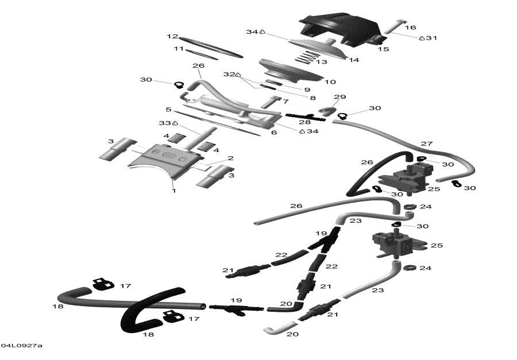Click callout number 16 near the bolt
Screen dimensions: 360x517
coord(410,27)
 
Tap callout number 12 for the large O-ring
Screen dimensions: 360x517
coord(172,36)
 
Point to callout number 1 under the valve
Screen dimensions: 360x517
coord(173,191)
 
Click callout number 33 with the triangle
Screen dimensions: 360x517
coord(165,123)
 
